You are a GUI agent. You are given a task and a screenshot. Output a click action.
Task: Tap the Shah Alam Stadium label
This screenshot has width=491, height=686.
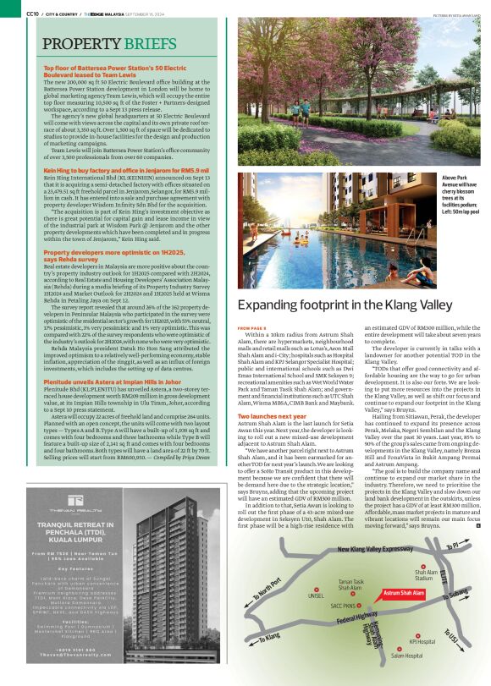(x=426, y=576)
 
